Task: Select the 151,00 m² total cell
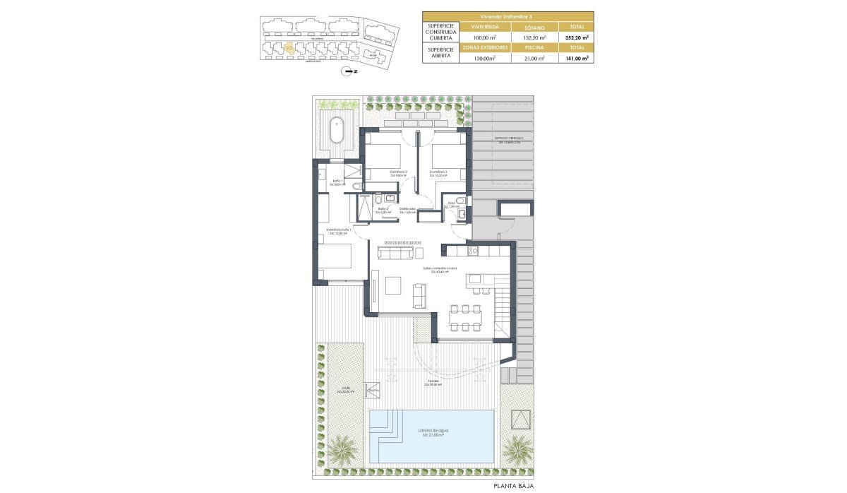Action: pyautogui.click(x=575, y=59)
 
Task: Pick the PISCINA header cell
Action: pyautogui.click(x=534, y=48)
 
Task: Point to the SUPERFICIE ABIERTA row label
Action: pyautogui.click(x=439, y=54)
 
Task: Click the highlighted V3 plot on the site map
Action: pyautogui.click(x=289, y=48)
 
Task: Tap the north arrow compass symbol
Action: pyautogui.click(x=346, y=71)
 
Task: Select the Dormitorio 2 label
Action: pyautogui.click(x=399, y=172)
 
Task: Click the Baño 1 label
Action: pyautogui.click(x=337, y=183)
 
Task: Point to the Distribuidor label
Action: pyautogui.click(x=407, y=210)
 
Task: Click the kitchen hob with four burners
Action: pyautogui.click(x=472, y=250)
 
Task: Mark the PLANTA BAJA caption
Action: pyautogui.click(x=513, y=487)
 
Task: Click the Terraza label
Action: pyautogui.click(x=433, y=382)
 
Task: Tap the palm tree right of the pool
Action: pyautogui.click(x=518, y=447)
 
